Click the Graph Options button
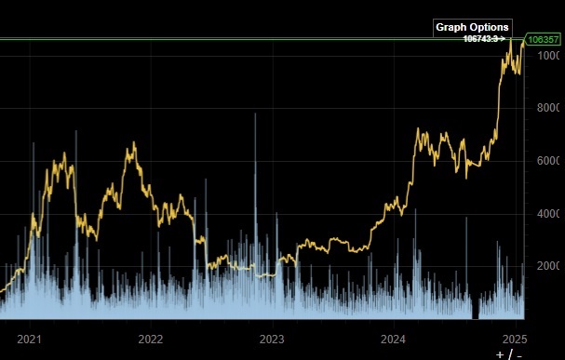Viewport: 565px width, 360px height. click(472, 27)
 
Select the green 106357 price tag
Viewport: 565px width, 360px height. click(543, 40)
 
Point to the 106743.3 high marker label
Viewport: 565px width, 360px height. click(484, 39)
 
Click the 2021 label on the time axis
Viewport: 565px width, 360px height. click(32, 339)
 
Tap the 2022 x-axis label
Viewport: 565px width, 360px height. click(151, 339)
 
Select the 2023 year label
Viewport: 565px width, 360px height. click(272, 339)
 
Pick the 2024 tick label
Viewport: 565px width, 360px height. click(394, 339)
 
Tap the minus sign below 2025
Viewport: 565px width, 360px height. click(520, 353)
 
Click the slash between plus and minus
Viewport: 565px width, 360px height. click(511, 353)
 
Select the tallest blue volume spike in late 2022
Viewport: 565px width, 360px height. click(254, 116)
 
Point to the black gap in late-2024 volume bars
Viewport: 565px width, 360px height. click(477, 310)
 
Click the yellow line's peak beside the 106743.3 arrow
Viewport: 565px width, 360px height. click(511, 40)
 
